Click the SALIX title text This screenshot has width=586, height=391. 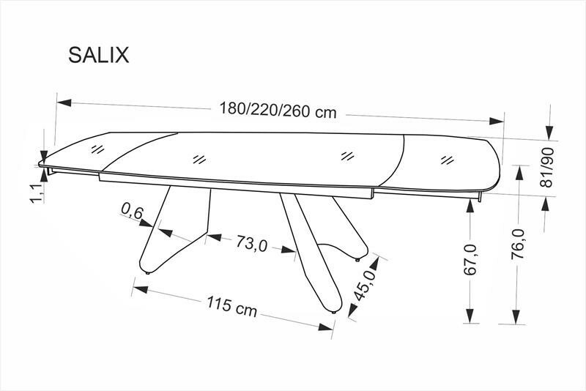99,55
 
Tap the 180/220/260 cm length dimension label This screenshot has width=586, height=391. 278,109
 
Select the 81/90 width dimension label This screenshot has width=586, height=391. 548,167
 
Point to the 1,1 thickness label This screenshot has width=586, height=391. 37,193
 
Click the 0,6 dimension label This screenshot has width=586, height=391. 132,212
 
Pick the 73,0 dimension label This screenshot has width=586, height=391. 252,244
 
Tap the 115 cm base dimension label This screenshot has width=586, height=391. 232,305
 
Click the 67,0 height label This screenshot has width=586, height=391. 470,260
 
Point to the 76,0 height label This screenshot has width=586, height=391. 518,245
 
